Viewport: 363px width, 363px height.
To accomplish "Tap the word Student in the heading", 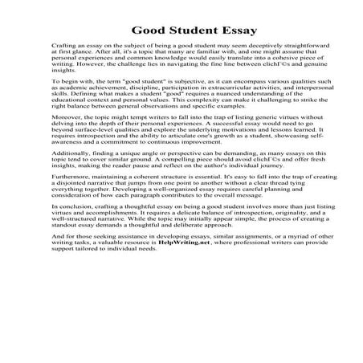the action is pos(173,30).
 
